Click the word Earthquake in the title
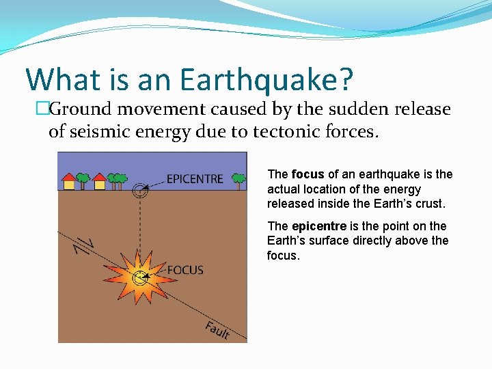[267, 79]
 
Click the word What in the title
[60, 79]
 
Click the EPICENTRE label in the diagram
[195, 179]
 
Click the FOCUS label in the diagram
[185, 270]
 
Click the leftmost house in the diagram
[69, 182]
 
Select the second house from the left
[100, 182]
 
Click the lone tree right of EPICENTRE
[238, 180]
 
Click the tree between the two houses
[83, 180]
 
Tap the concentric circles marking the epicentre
[141, 191]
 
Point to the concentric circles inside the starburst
[141, 277]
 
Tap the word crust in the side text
[429, 204]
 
